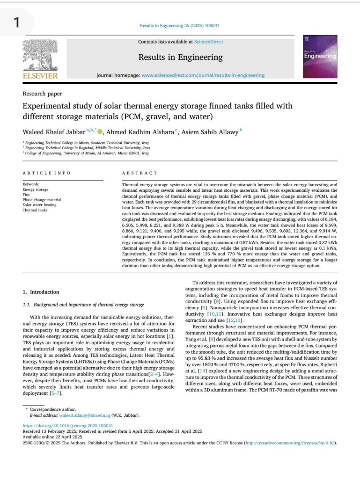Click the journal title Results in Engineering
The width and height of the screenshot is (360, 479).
click(180, 58)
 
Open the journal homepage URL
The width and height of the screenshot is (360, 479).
click(203, 75)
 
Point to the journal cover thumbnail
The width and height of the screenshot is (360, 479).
click(320, 55)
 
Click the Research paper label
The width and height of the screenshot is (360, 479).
click(42, 94)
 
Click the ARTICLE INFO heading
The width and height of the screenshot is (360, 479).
click(46, 173)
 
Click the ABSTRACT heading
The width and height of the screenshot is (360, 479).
click(139, 173)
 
